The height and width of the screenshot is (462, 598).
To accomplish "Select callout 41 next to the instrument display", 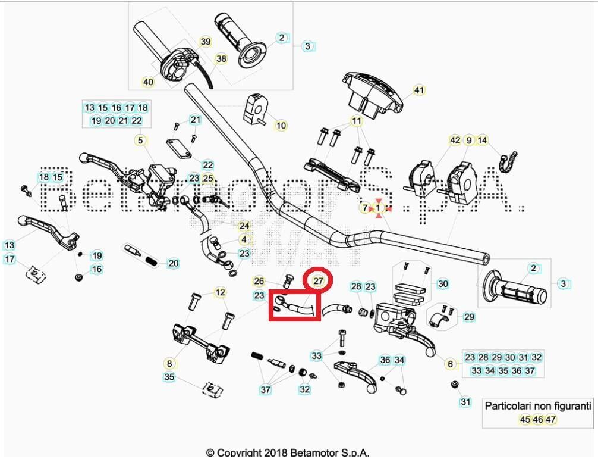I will point(419,90).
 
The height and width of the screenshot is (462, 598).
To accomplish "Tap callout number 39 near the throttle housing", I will point(205,42).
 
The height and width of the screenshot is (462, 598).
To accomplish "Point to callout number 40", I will point(148,82).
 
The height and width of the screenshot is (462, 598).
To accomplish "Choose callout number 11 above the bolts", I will point(357,121).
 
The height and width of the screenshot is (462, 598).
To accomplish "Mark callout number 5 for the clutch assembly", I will point(140,141).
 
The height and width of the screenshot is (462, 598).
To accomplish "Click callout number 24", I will point(244,226).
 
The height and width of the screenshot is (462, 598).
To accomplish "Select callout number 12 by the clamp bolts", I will point(221,292).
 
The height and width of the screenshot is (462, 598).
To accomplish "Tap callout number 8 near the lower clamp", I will point(169,363).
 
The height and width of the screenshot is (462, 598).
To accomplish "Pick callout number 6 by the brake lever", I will point(450,364).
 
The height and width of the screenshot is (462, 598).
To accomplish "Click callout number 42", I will point(455,141).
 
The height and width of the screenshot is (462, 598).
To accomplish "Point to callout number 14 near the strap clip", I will point(483,141).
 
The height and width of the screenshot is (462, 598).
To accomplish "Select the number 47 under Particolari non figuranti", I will point(550,419).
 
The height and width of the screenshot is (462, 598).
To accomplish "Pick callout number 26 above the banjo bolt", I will point(259,281).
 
